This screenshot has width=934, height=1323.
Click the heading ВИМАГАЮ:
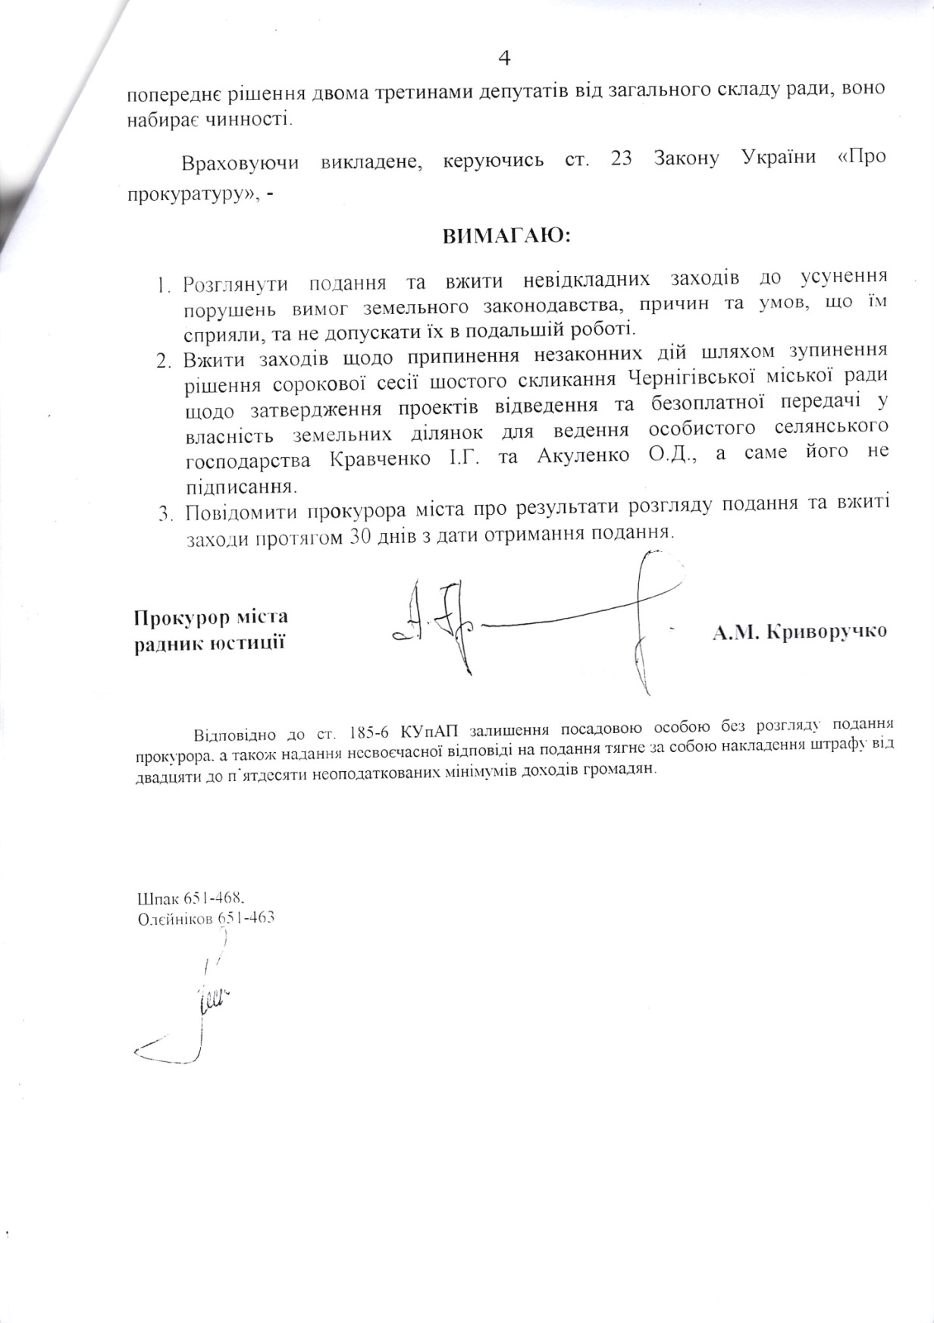[507, 236]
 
